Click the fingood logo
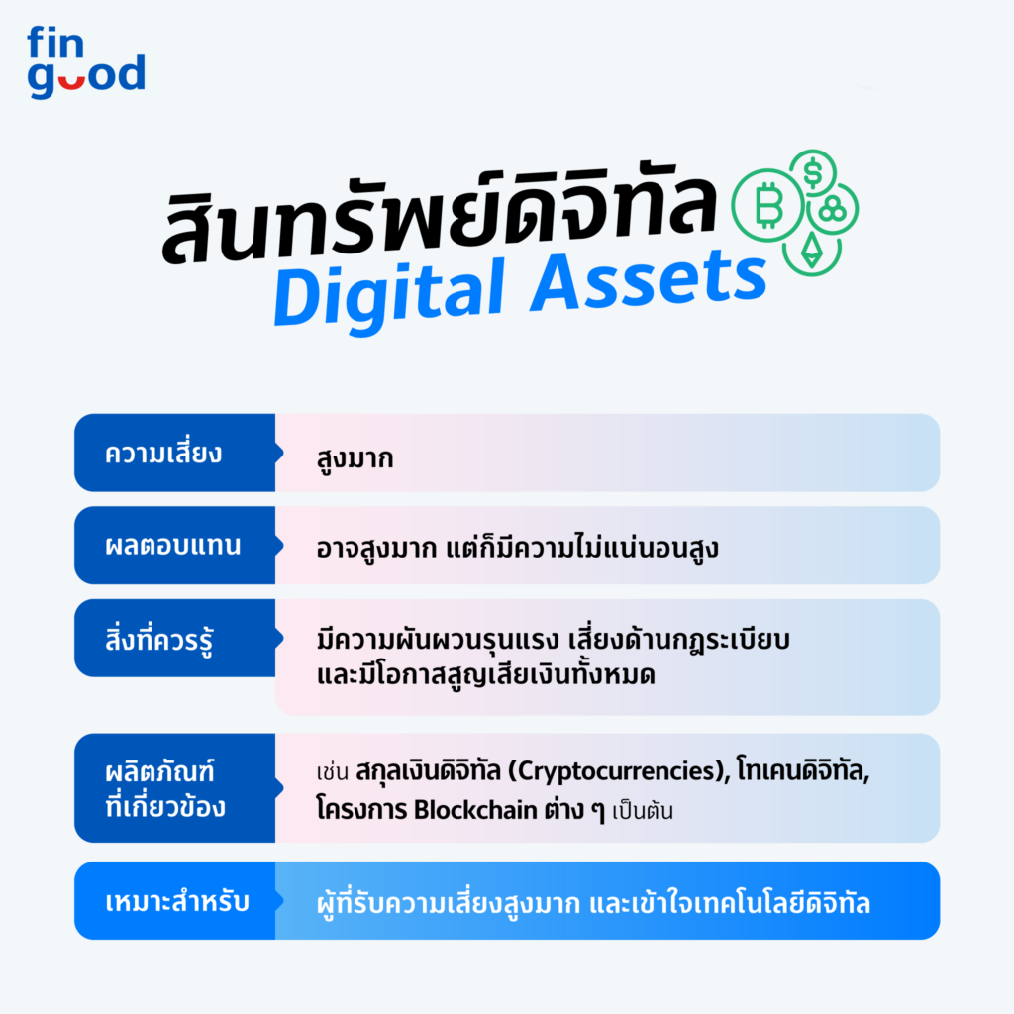click(86, 63)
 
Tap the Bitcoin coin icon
click(766, 206)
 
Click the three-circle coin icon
click(833, 209)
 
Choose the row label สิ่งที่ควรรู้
click(160, 639)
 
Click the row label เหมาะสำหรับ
click(175, 902)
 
